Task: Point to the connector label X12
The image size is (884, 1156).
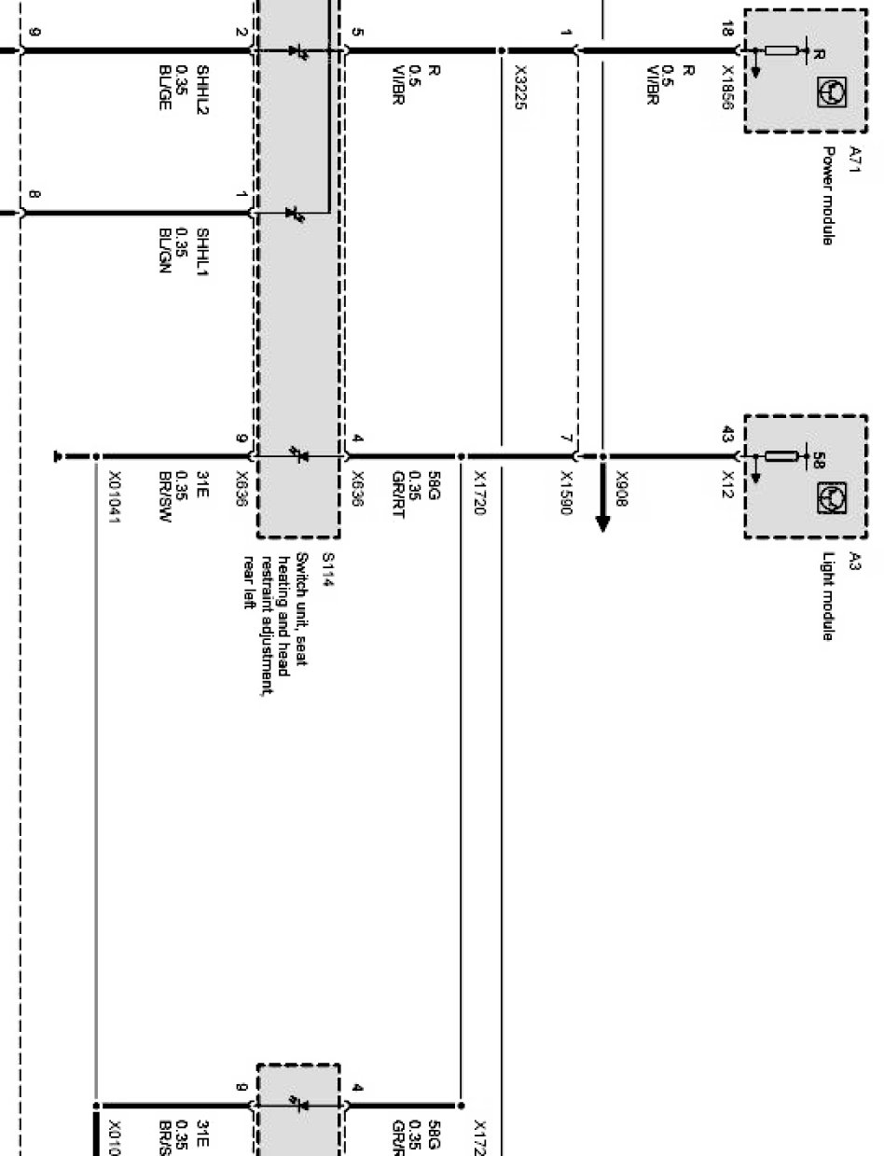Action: tap(727, 483)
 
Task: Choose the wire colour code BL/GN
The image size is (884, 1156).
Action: tap(165, 247)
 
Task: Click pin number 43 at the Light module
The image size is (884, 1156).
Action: tap(727, 435)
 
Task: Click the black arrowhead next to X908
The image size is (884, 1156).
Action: tap(601, 519)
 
